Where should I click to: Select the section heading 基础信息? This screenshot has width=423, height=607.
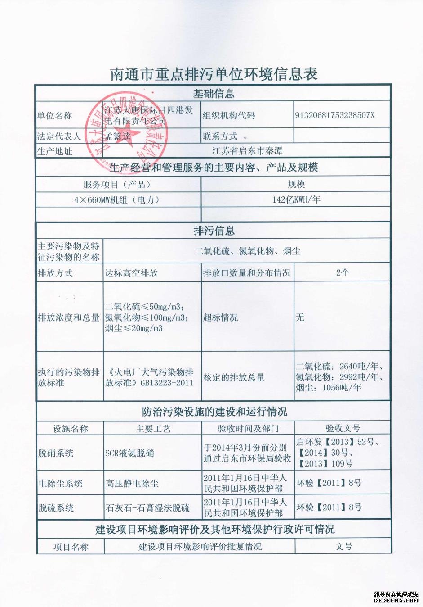point(214,94)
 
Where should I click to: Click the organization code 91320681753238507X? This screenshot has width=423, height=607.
point(334,115)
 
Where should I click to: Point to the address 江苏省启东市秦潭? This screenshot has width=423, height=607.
point(247,151)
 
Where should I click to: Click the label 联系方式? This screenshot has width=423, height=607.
point(220,136)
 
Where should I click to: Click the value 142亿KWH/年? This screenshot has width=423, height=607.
point(296,199)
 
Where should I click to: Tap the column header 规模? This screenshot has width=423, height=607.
point(296,184)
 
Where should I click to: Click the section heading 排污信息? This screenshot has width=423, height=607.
point(214,231)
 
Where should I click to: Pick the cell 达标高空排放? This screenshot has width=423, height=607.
point(131,273)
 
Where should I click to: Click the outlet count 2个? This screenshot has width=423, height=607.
point(342,272)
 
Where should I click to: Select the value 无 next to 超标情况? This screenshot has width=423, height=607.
point(300,317)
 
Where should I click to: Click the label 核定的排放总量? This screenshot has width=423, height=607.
point(234,377)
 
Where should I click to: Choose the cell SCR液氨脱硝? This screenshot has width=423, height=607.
point(129,453)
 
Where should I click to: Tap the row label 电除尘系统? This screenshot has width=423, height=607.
point(60,484)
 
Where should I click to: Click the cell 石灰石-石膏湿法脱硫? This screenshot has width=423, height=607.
point(147,508)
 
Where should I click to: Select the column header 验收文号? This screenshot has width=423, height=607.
point(343,428)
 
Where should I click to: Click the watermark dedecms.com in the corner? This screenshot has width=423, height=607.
point(396,600)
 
